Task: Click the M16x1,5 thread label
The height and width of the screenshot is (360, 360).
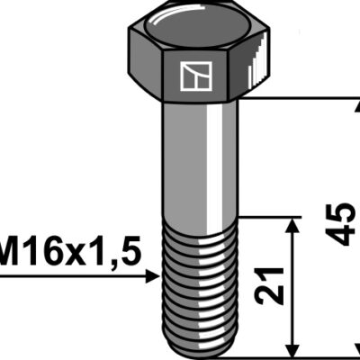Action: (70, 251)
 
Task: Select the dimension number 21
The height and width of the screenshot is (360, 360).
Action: (269, 285)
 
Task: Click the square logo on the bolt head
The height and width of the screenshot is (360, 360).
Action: (196, 76)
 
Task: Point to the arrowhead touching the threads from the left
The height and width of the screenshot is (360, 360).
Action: (152, 276)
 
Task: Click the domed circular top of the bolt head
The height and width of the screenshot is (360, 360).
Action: (195, 29)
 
